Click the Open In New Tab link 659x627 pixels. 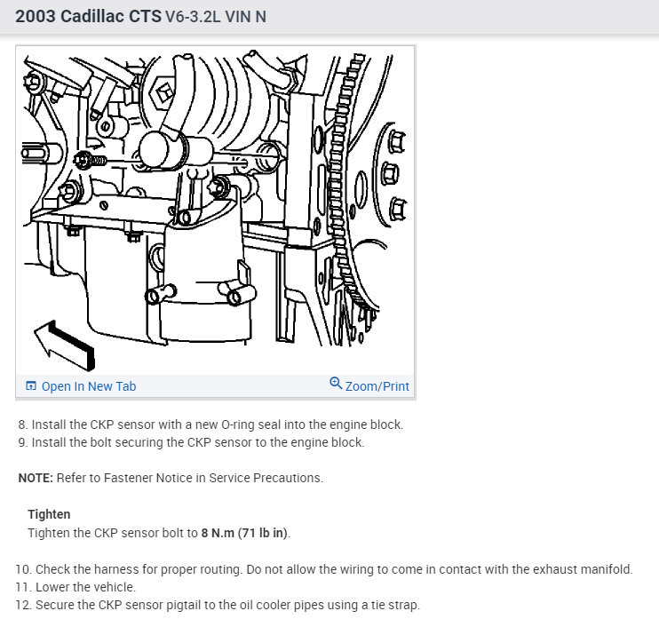[x=88, y=386]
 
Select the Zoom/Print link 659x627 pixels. [x=377, y=386]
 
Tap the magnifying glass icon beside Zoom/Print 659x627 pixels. [x=336, y=384]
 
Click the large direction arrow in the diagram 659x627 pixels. [x=64, y=345]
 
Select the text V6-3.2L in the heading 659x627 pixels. [x=193, y=17]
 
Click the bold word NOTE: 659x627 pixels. [x=36, y=478]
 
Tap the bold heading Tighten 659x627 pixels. [x=49, y=514]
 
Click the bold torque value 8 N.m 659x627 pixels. [x=218, y=533]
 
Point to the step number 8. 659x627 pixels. [x=22, y=425]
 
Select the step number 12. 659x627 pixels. [x=23, y=605]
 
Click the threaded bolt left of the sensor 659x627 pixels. [x=91, y=160]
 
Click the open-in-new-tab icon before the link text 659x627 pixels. [x=31, y=385]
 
